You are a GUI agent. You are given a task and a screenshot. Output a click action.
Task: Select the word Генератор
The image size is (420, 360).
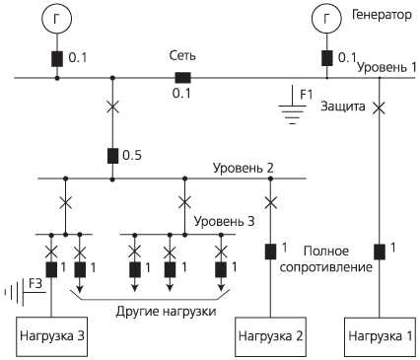point(381,15)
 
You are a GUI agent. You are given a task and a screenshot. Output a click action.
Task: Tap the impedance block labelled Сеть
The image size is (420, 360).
point(182,77)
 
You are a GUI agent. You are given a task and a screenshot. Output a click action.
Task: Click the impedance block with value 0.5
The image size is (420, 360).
point(112,155)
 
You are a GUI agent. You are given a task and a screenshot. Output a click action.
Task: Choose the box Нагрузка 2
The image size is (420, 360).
point(270,335)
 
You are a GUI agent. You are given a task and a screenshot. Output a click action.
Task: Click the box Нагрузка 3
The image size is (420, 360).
point(51,335)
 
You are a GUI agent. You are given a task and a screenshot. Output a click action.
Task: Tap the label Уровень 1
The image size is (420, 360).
point(386,67)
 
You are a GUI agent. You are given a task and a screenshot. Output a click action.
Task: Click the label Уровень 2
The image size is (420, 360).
point(243,169)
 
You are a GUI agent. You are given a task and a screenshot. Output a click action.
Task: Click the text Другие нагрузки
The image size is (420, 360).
point(153,311)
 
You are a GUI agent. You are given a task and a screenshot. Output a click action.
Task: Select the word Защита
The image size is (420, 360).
point(343,106)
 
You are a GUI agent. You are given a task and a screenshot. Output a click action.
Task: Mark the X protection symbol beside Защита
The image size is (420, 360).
point(381,106)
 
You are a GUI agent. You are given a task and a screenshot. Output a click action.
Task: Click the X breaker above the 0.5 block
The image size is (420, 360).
point(112,106)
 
